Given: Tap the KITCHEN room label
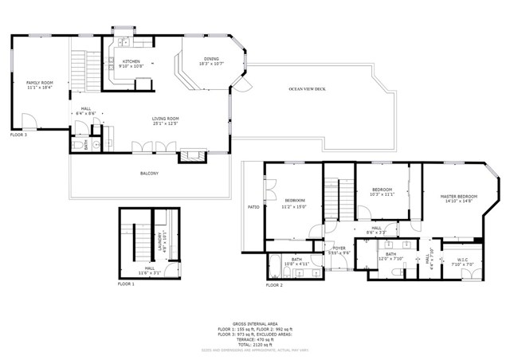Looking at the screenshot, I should coord(131,63).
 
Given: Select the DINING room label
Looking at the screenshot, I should coord(210,59).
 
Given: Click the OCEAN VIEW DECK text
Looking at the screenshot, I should coord(308,88).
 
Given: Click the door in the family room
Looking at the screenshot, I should coord(29,122).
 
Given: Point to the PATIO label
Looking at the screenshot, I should coord(253,207).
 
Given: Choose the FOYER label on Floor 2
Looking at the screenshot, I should coord(339,250).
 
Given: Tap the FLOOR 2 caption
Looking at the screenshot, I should coord(274,284).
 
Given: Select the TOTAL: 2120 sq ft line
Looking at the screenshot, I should coord(254,343).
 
